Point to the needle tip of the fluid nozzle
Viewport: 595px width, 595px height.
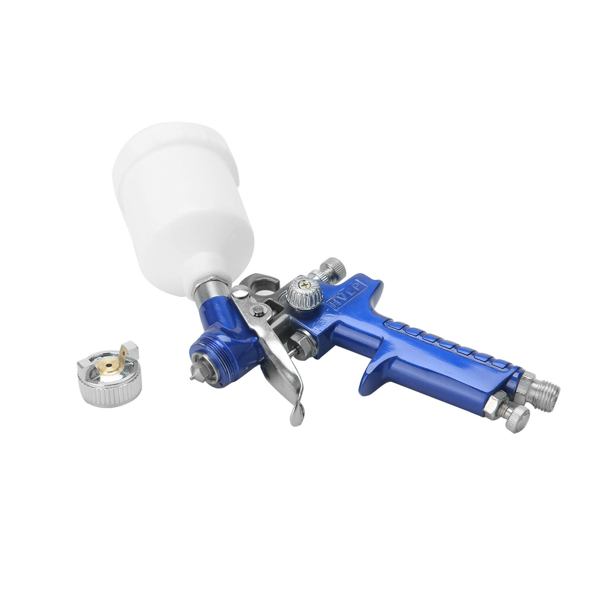click(x=192, y=378)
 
